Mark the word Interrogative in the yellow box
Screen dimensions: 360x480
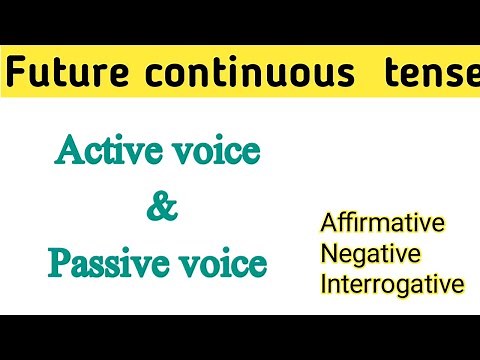(393, 285)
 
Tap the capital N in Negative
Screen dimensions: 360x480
(329, 252)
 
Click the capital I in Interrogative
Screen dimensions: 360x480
(324, 285)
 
